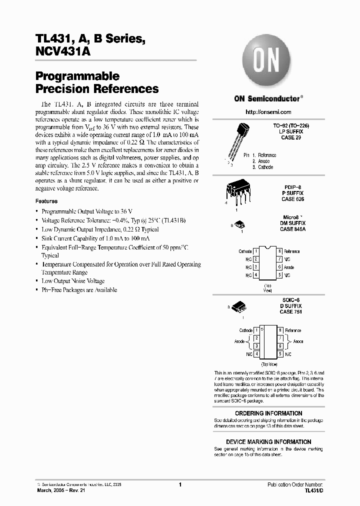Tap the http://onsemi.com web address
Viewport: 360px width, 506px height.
pos(268,112)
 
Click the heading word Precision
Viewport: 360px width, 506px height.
pos(62,89)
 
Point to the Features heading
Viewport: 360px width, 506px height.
pos(46,201)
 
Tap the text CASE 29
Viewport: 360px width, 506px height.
pos(291,137)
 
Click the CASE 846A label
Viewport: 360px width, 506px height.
pos(292,229)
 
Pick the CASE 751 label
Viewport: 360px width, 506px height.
pos(290,311)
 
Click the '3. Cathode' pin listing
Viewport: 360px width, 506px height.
pos(262,167)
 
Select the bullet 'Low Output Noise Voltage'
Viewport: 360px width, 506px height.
pos(73,281)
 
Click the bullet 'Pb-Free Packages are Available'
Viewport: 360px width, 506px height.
pos(79,290)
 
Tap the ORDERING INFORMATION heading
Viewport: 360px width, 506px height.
pos(268,413)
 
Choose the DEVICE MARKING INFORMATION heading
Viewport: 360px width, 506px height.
pos(268,442)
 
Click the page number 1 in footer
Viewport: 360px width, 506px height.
pos(179,485)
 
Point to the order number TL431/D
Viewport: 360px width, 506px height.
pos(313,491)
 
